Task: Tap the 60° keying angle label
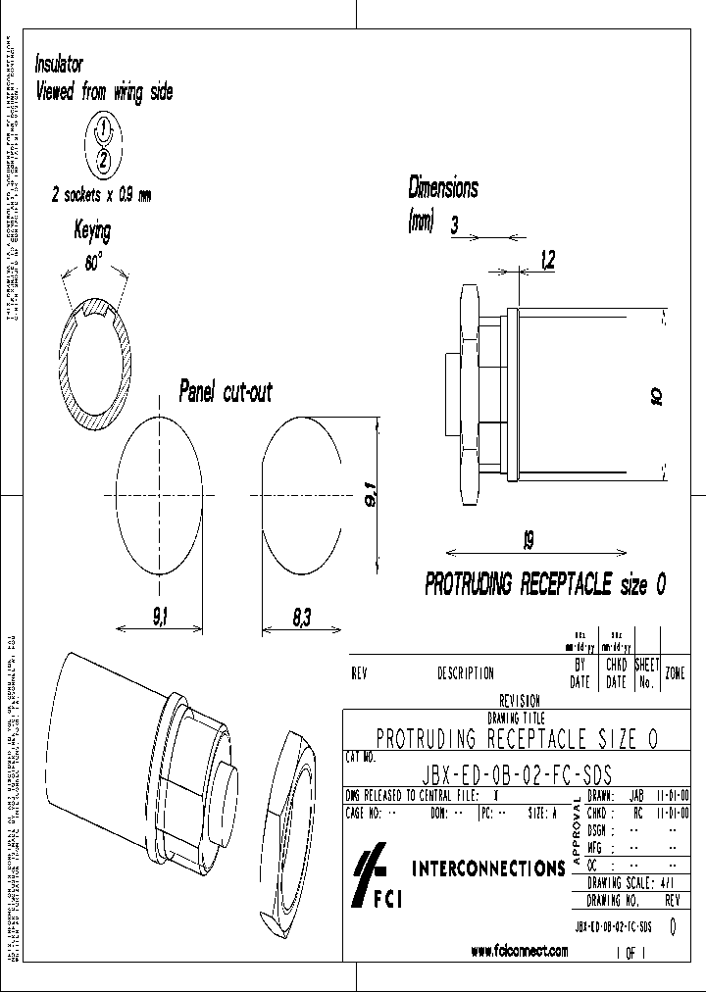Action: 94,263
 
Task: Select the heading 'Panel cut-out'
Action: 226,392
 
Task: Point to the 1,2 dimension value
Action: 547,259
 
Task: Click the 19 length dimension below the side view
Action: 528,540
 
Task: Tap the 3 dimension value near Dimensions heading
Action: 454,223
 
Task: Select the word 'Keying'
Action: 93,231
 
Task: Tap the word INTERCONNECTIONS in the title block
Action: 487,868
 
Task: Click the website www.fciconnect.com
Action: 520,951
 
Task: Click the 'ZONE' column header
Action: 675,673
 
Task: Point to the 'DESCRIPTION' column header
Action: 465,673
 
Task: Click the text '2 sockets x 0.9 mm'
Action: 102,195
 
